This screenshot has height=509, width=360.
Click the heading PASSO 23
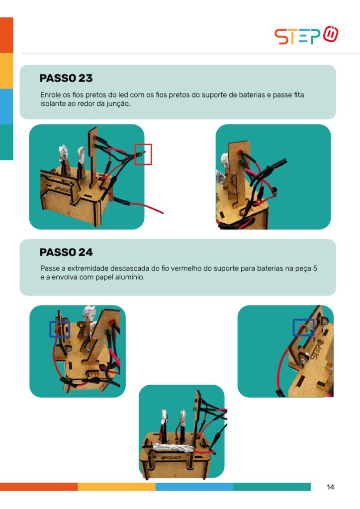point(66,78)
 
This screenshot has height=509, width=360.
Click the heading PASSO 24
point(66,252)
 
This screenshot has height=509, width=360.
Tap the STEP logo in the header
point(306,35)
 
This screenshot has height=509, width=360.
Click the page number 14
point(330,487)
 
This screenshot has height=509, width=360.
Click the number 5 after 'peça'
point(315,269)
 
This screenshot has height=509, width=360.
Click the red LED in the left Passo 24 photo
point(112,323)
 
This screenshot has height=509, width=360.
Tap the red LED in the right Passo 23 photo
point(240,153)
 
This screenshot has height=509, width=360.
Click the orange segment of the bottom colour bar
point(39,487)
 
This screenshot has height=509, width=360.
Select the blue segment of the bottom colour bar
point(194,487)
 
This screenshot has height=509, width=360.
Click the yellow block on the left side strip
point(6,71)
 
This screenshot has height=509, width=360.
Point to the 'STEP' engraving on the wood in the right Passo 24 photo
point(317,348)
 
